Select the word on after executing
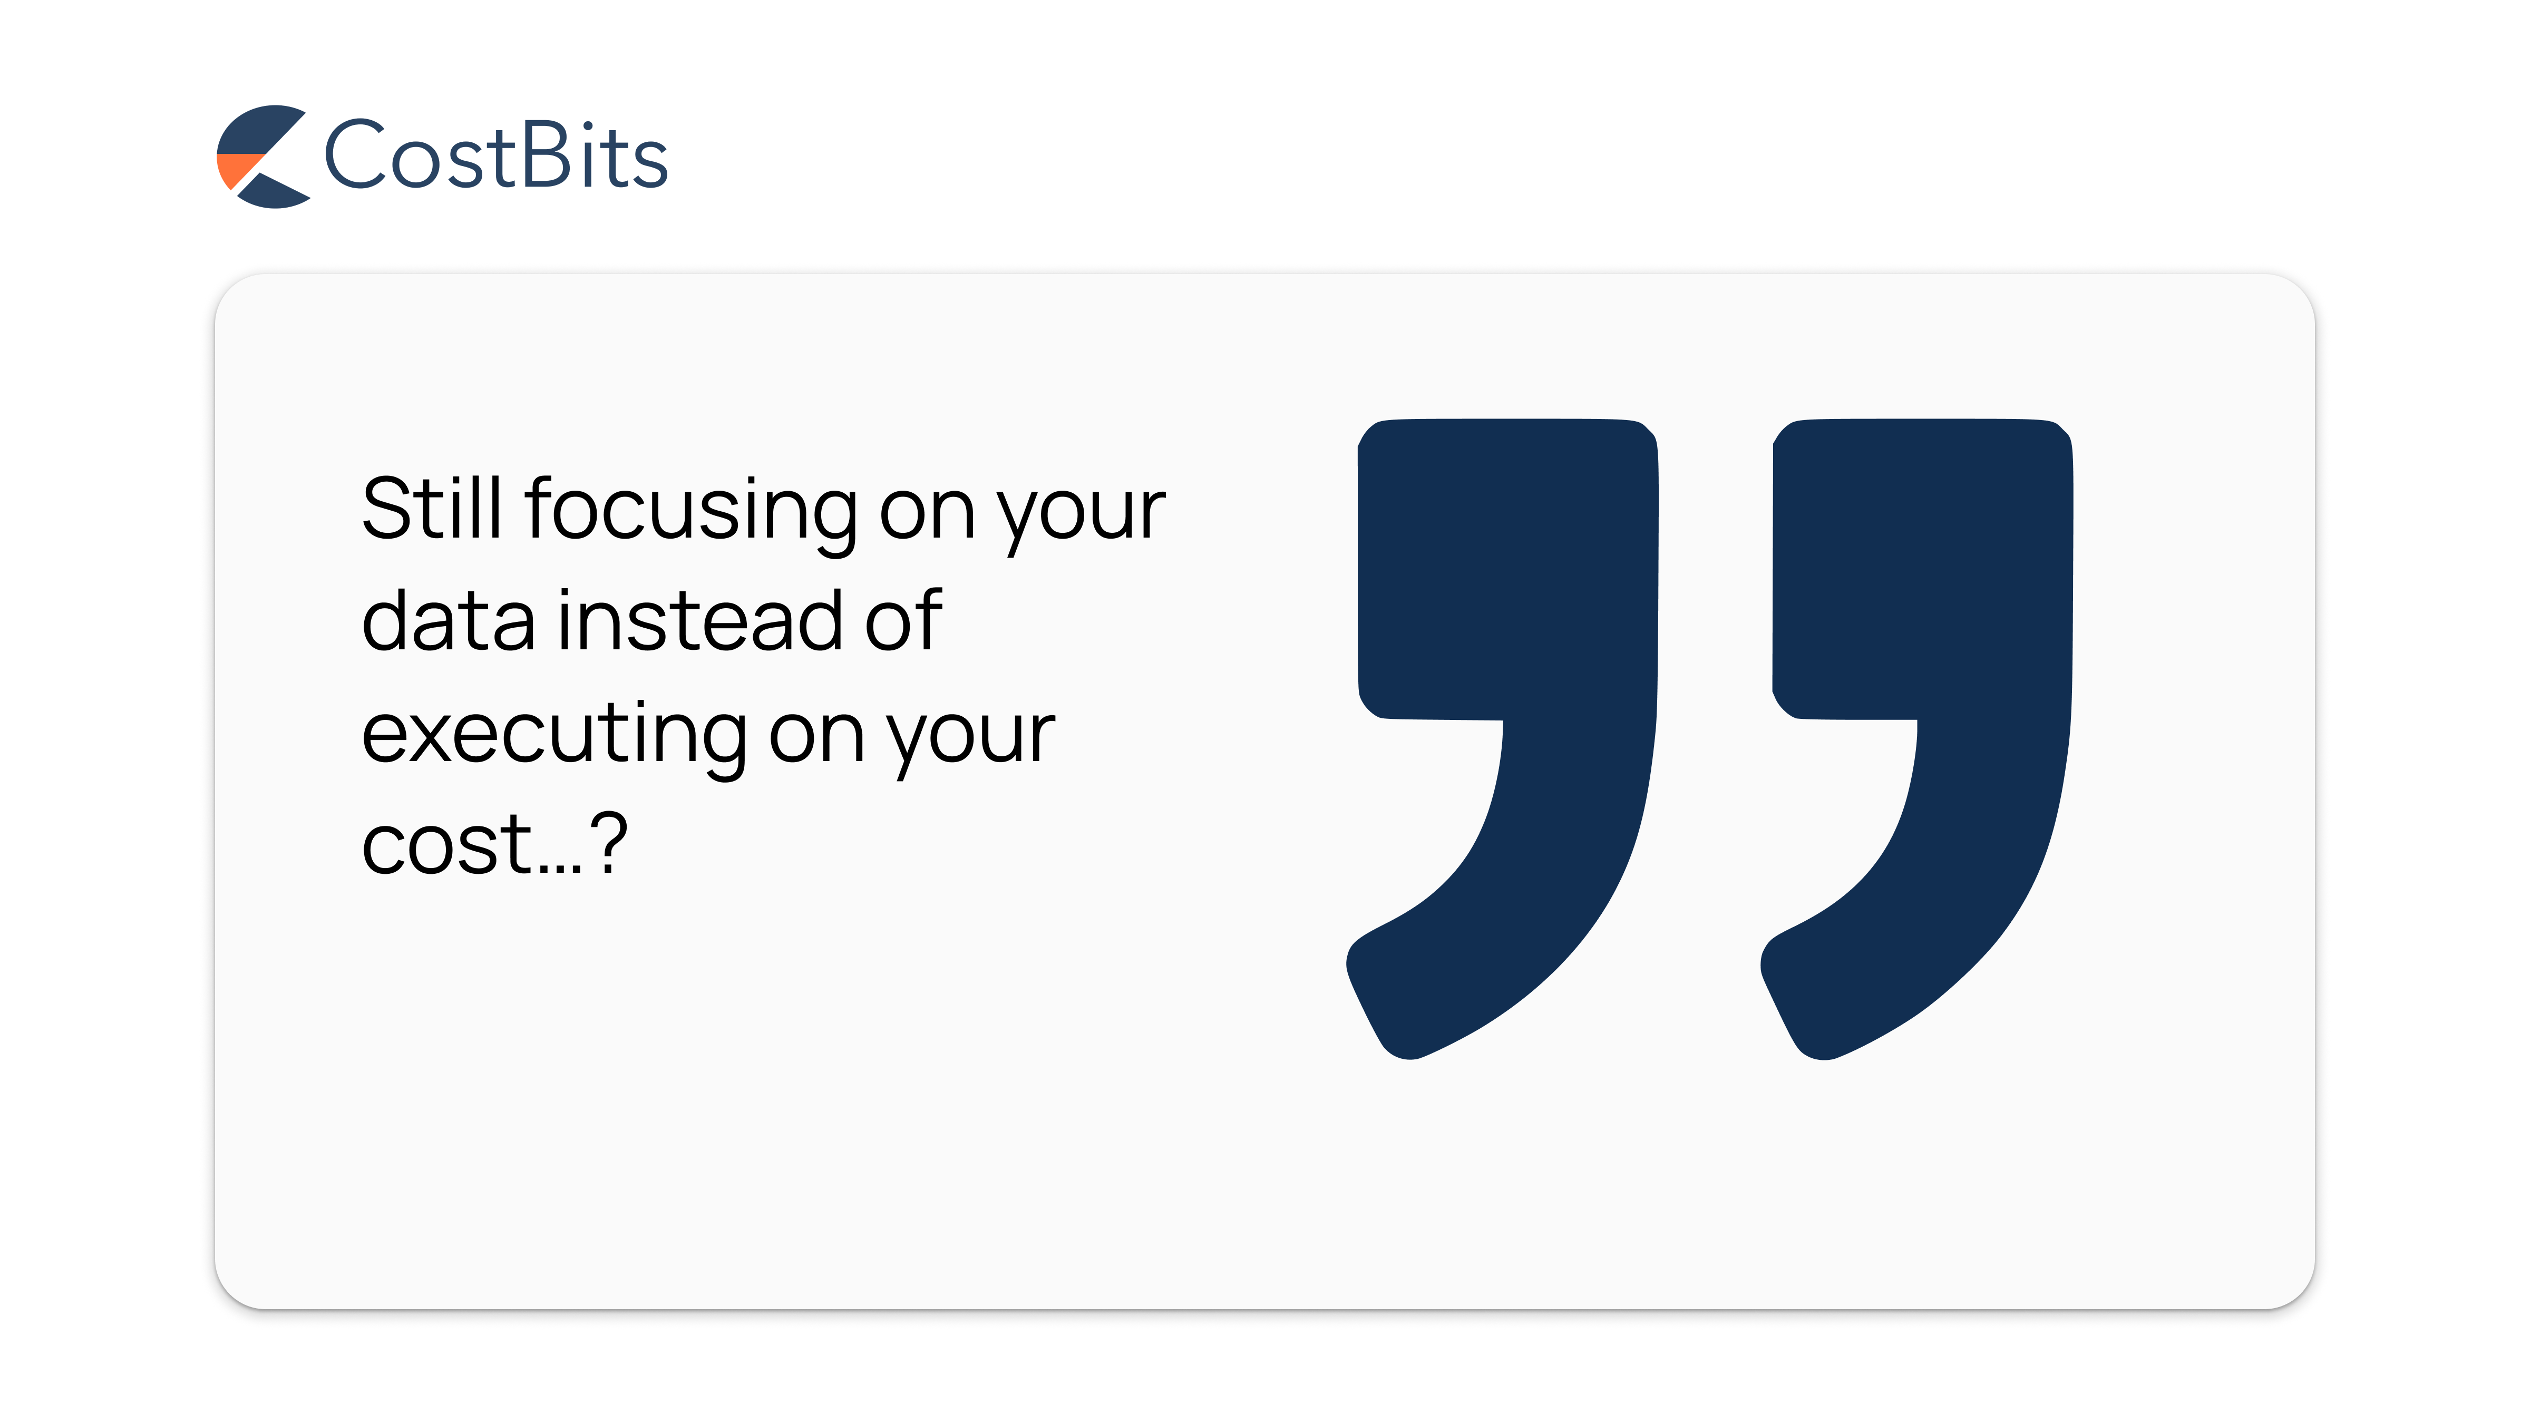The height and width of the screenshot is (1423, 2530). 817,737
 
